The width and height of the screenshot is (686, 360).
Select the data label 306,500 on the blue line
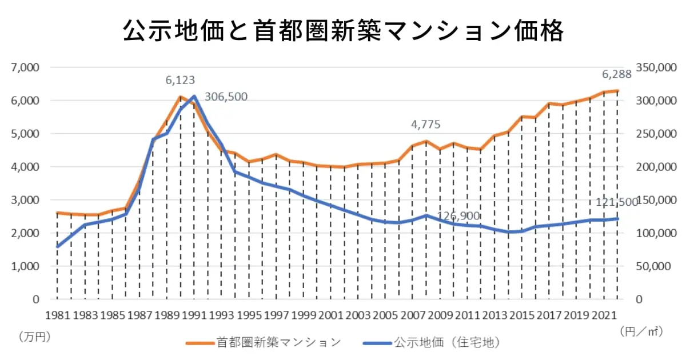point(226,97)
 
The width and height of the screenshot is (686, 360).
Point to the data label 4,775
point(426,125)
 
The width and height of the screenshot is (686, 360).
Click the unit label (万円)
point(34,337)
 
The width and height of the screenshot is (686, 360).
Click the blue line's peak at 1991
point(194,96)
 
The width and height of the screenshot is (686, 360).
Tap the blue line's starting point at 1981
point(57,247)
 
